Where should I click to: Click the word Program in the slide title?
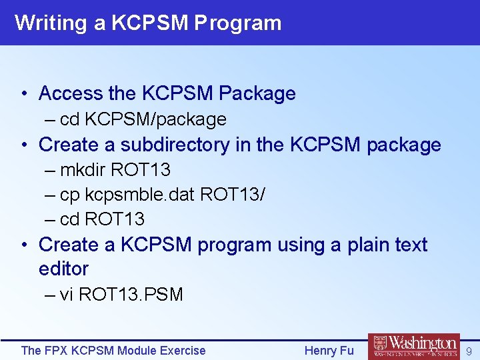coord(238,23)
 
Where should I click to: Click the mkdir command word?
coord(83,170)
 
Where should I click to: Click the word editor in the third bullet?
coord(64,269)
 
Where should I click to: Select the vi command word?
coord(67,295)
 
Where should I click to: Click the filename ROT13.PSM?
coord(131,295)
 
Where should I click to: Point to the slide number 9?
coord(469,351)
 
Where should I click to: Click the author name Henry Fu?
coord(329,351)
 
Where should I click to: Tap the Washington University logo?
coord(413,347)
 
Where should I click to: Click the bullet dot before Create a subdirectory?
coord(24,145)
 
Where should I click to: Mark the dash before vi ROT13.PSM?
coord(51,295)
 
